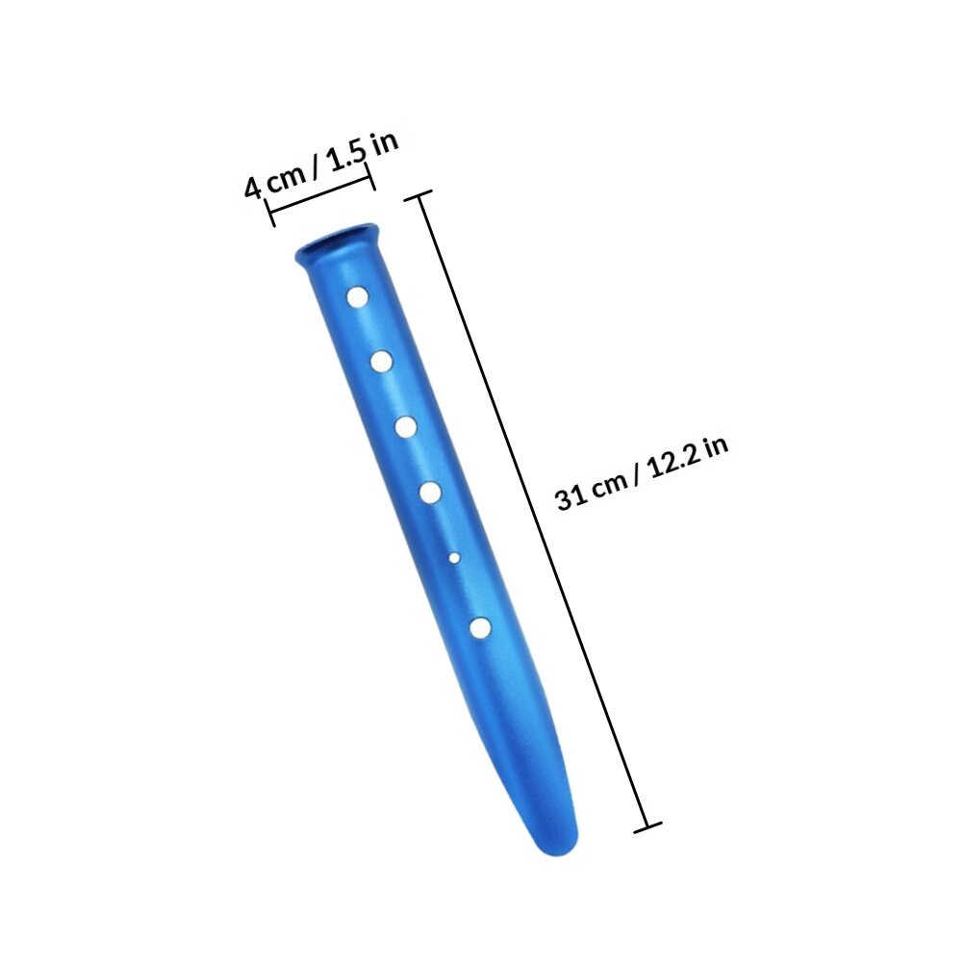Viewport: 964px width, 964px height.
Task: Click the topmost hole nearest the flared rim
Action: pyautogui.click(x=357, y=297)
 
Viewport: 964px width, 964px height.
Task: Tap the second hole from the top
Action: pyautogui.click(x=382, y=362)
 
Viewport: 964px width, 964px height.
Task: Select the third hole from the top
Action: pyautogui.click(x=406, y=426)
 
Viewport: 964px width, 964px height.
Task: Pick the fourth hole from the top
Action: pyautogui.click(x=431, y=492)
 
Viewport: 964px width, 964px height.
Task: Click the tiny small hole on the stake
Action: pyautogui.click(x=454, y=558)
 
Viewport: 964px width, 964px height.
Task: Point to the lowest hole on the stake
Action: pyautogui.click(x=480, y=627)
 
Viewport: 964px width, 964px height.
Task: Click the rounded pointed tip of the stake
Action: pyautogui.click(x=561, y=847)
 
